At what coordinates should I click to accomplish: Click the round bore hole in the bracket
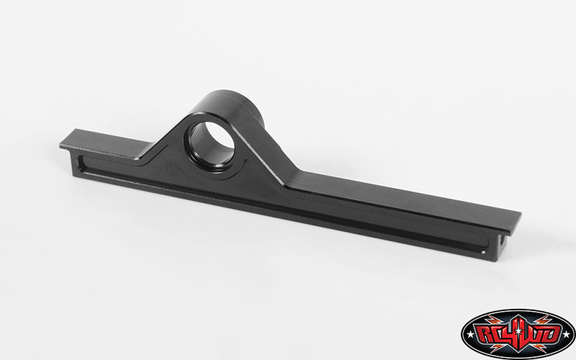(211, 146)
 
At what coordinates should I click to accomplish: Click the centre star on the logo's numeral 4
(518, 331)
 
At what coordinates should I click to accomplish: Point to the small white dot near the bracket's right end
(483, 253)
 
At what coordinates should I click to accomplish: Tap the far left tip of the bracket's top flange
(60, 146)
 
